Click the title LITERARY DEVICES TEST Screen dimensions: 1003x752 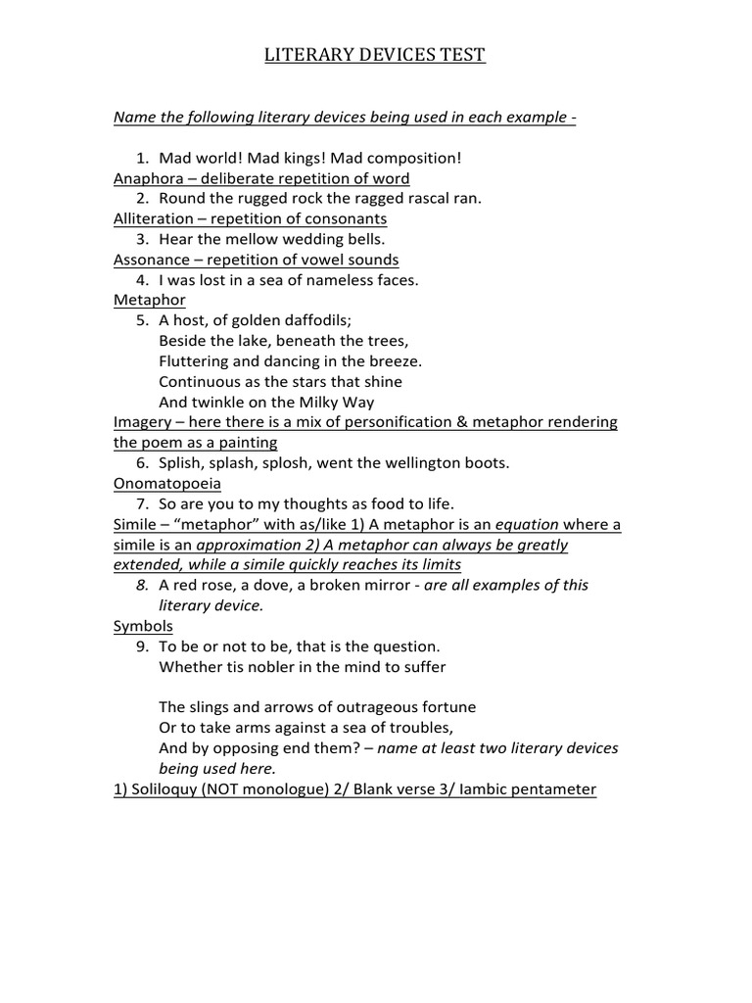375,56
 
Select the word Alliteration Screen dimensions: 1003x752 155,218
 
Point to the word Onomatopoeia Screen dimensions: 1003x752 167,483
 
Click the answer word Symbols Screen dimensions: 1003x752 143,625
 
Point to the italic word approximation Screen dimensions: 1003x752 249,545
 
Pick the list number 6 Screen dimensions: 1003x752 141,462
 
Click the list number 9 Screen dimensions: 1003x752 141,646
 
